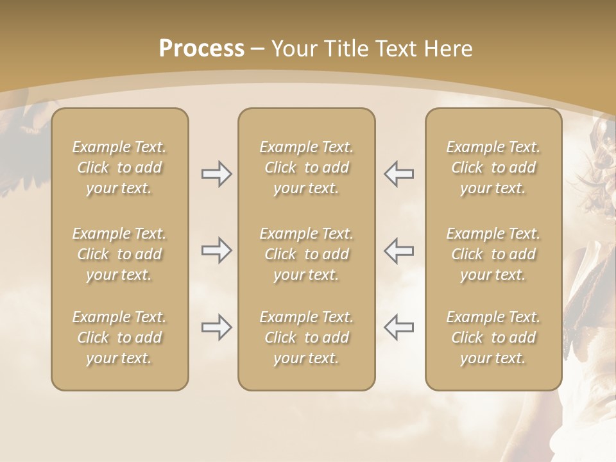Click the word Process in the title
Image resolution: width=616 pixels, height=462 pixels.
(201, 49)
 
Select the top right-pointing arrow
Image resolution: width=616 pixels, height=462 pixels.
(216, 174)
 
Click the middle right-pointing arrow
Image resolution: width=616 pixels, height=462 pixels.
(216, 250)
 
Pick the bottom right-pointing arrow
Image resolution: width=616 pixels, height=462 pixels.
(216, 327)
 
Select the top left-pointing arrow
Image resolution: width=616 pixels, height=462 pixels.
(398, 174)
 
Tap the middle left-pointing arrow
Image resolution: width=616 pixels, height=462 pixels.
(398, 250)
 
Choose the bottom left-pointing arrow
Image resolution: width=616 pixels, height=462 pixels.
(398, 327)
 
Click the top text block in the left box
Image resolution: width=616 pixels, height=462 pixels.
(119, 167)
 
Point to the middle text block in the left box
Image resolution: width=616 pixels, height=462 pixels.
(119, 254)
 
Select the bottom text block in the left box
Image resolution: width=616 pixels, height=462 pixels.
(119, 338)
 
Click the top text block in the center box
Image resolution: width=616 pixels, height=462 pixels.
(307, 167)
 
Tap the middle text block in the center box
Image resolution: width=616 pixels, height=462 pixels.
(307, 254)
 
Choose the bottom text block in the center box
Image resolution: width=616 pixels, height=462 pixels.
(307, 338)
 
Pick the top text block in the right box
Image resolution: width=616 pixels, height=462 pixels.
(493, 167)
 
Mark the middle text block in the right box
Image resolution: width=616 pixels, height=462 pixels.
(493, 254)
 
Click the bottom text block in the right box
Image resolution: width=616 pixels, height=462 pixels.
(493, 338)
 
